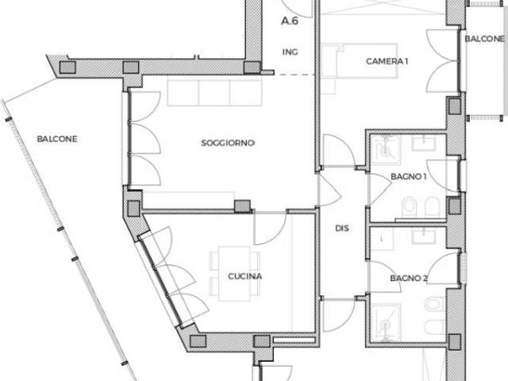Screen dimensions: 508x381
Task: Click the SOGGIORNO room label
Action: click(228, 143)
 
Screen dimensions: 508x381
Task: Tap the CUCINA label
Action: click(245, 276)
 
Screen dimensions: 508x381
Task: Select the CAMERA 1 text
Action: click(387, 61)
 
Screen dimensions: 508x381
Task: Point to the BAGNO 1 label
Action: click(408, 177)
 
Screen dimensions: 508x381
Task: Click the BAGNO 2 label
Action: click(409, 279)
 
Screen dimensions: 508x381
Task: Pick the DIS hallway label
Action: click(342, 229)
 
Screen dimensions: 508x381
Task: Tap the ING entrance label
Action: click(290, 52)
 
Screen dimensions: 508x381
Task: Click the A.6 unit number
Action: click(290, 21)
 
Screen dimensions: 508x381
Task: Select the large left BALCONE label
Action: click(57, 139)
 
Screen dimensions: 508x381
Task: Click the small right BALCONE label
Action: click(485, 39)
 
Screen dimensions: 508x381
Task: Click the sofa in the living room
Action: click(215, 93)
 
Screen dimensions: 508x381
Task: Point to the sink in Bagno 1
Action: click(424, 143)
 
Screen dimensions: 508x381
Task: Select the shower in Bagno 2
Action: click(386, 322)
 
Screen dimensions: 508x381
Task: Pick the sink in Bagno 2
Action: click(424, 236)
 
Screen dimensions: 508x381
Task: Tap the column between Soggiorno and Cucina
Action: click(242, 206)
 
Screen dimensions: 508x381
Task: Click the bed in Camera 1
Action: click(360, 61)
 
